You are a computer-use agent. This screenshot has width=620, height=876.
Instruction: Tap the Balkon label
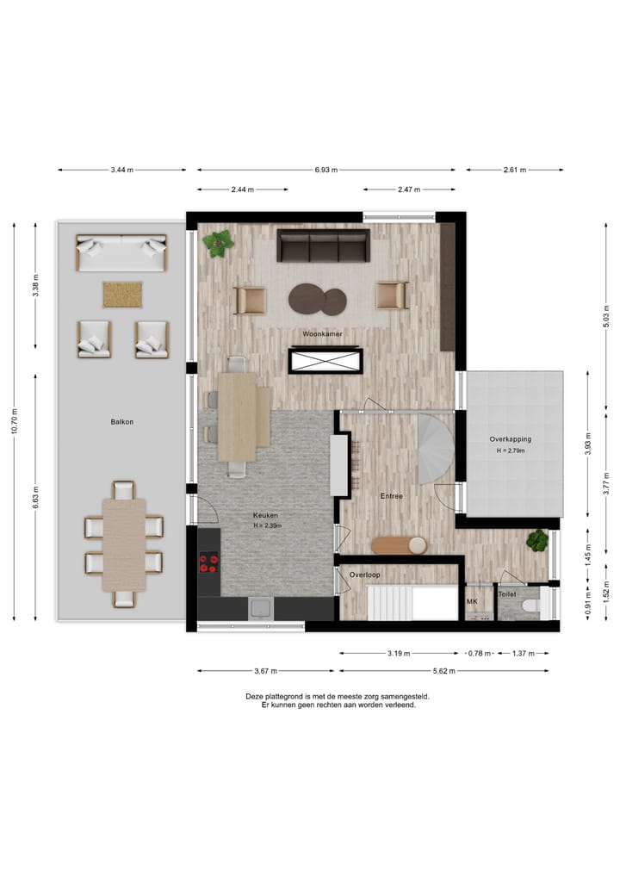121,422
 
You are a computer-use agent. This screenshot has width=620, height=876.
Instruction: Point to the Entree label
392,496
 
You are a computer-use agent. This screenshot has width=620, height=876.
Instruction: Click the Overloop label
364,575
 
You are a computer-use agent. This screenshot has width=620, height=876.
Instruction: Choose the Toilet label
507,593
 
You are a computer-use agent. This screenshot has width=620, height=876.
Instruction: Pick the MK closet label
471,601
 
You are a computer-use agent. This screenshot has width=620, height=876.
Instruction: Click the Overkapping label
510,439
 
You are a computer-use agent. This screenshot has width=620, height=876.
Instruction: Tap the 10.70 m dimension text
15,422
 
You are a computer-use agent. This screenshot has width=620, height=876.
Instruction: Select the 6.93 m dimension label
326,170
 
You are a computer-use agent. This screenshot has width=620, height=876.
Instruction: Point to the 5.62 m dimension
443,670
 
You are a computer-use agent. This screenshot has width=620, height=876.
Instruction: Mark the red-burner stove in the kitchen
208,563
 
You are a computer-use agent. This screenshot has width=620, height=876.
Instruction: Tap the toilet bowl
530,606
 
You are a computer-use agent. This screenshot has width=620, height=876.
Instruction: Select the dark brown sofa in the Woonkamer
323,245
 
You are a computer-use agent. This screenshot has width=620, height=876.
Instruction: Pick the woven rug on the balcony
122,295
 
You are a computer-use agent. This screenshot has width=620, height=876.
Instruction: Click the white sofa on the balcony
121,253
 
